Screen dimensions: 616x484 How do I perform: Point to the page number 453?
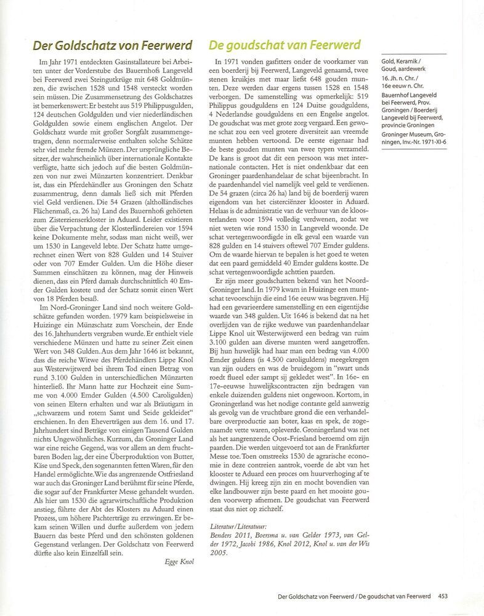tap(443, 596)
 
